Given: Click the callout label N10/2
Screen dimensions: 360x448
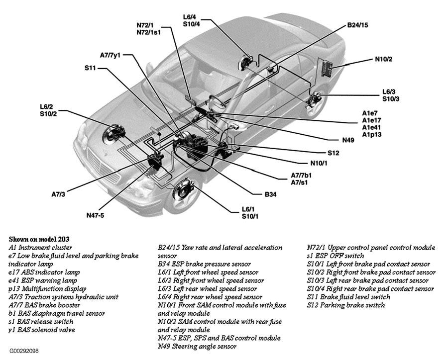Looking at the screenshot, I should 383,59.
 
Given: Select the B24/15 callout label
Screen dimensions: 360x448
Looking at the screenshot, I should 358,25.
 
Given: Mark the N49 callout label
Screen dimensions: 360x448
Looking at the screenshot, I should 348,140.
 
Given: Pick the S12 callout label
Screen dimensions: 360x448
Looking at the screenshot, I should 333,153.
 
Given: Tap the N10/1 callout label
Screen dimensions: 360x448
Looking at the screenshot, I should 320,163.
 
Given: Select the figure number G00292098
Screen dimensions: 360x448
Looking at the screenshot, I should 23,351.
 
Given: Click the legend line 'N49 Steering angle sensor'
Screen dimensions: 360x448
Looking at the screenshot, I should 197,346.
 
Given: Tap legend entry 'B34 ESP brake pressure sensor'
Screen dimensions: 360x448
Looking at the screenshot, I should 204,264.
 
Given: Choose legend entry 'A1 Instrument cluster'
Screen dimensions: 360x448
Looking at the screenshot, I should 40,247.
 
